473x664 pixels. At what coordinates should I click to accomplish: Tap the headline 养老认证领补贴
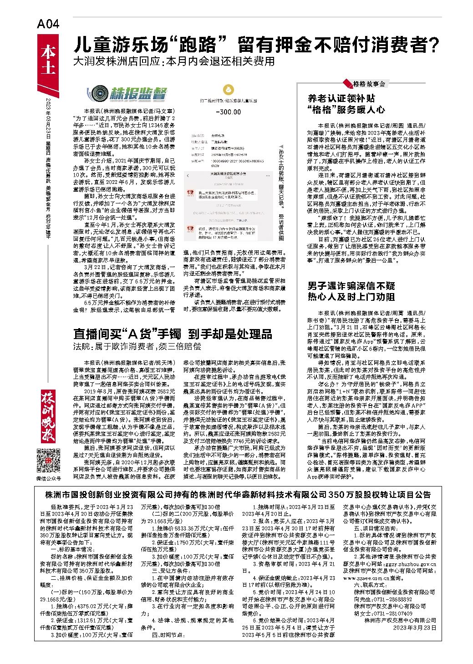coord(341,98)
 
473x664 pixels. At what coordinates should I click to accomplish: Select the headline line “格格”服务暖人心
coord(346,110)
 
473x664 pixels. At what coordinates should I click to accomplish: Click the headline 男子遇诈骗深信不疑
coord(351,286)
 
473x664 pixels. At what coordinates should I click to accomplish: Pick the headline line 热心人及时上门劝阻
coord(351,297)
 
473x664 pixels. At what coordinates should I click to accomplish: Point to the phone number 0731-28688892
coord(390,599)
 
